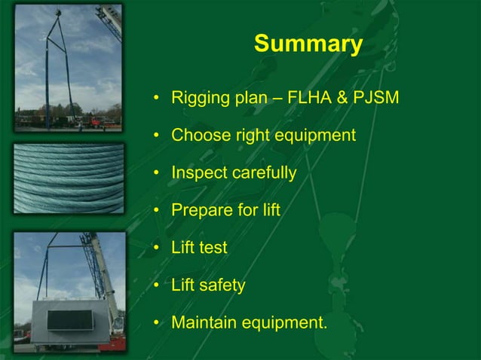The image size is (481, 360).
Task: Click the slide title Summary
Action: [308, 44]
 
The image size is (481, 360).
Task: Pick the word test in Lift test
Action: [213, 248]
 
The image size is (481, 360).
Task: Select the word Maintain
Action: [203, 323]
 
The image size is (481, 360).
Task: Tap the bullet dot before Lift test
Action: [156, 248]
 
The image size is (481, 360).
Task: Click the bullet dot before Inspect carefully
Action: [156, 172]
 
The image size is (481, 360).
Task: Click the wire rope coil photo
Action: [69, 178]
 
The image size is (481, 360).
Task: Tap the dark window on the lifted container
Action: [69, 319]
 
